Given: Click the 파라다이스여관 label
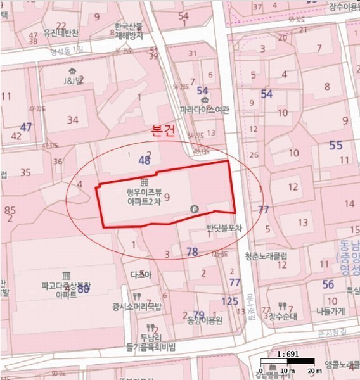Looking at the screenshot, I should click(203, 109).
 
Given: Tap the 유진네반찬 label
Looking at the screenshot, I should click(61, 33).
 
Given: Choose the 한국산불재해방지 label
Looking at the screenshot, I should click(129, 32).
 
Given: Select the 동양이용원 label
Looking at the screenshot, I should click(202, 320).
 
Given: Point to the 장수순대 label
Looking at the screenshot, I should click(283, 315).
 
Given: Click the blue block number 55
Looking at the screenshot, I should click(335, 145).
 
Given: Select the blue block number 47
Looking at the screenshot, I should click(25, 127).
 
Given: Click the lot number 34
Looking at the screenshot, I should click(73, 120).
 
